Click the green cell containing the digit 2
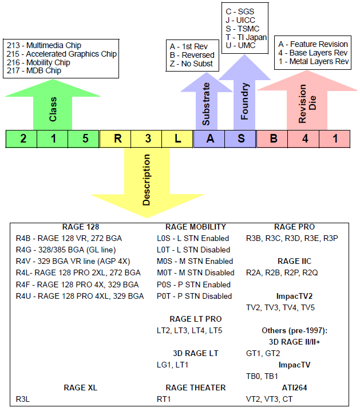(22, 139)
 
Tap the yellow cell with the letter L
(178, 139)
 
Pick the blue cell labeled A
(209, 139)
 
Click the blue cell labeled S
(240, 139)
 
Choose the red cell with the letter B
(272, 139)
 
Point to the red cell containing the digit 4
(304, 139)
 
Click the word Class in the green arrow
(53, 109)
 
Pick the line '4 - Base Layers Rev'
(312, 53)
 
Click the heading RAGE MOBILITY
(195, 227)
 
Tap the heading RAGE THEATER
(195, 388)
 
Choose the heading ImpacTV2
(294, 296)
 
